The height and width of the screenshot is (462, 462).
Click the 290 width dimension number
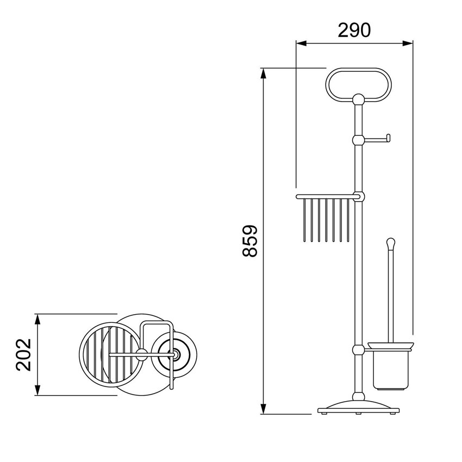[x=354, y=30]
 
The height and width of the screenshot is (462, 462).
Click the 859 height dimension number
[x=250, y=241]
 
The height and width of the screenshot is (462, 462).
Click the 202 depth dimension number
[x=23, y=355]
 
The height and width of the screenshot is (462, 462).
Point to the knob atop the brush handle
[x=390, y=243]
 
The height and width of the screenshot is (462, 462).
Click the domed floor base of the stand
[x=358, y=407]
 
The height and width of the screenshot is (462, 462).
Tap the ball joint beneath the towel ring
[x=358, y=99]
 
